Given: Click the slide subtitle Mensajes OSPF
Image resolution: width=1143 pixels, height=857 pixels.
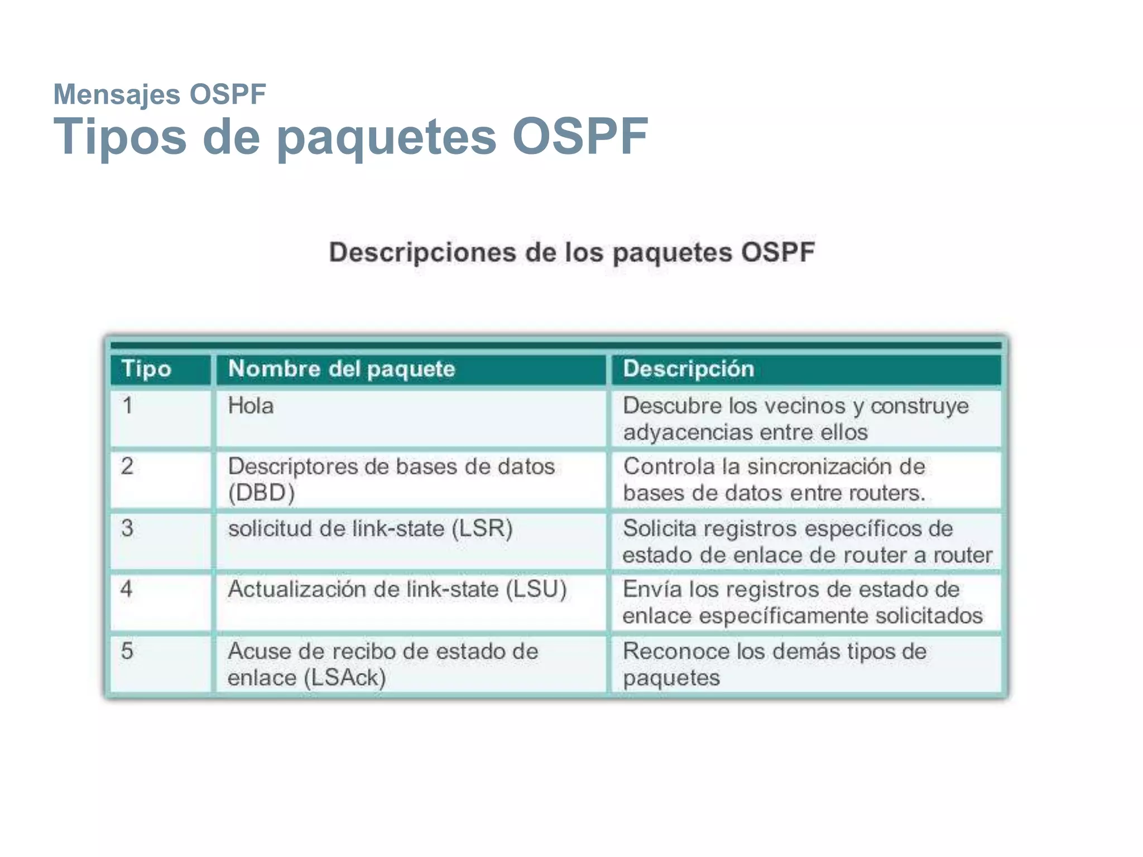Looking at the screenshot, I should (160, 94).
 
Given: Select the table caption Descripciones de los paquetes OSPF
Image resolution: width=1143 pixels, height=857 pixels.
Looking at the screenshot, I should (571, 252).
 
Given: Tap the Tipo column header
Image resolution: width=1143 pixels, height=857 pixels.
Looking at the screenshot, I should (146, 369).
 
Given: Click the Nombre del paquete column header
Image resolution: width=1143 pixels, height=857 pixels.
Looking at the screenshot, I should (342, 369).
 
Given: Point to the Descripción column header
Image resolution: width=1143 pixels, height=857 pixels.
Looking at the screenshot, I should (688, 369).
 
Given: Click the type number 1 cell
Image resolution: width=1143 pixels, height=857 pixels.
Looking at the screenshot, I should (128, 406).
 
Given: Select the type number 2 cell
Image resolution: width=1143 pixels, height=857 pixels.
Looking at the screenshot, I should (127, 466).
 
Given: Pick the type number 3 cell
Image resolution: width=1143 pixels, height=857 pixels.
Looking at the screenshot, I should (127, 528).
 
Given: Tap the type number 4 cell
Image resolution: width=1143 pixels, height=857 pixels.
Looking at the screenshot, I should (127, 589).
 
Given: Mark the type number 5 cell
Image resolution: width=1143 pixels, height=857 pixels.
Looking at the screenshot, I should (127, 651).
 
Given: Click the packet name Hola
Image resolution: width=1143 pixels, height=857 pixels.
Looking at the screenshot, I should (251, 406).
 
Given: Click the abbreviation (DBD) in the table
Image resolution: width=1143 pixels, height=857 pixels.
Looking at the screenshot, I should (261, 493).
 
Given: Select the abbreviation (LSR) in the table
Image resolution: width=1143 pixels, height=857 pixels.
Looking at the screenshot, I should (482, 528).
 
